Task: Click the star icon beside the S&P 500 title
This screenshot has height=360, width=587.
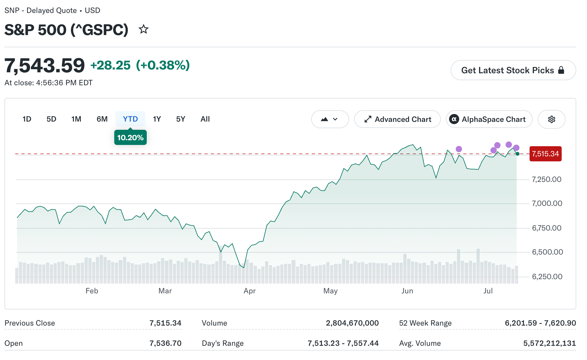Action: click(144, 29)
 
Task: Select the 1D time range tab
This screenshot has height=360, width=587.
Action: click(27, 119)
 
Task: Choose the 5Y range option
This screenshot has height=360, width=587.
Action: click(181, 119)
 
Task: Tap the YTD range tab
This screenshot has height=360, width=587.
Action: click(130, 119)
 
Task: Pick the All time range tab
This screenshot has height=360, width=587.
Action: click(205, 119)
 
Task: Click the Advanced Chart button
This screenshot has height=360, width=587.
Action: click(397, 119)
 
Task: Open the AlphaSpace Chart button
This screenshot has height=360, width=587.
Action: click(489, 119)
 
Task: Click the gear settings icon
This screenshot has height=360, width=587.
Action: click(552, 119)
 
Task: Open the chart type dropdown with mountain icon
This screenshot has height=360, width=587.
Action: click(330, 119)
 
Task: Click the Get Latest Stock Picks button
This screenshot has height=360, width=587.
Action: click(513, 70)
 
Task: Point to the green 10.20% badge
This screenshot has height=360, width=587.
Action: click(130, 137)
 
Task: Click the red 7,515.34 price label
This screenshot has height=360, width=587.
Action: click(545, 154)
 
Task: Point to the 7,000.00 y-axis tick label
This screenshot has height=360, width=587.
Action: click(547, 203)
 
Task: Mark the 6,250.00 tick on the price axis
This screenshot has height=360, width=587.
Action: click(547, 277)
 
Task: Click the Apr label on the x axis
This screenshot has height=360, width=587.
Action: click(249, 291)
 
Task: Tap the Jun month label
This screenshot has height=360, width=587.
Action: click(407, 291)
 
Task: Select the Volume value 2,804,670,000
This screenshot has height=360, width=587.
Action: click(352, 323)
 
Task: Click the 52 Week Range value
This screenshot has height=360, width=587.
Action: click(540, 323)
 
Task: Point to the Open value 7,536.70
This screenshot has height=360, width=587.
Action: click(165, 343)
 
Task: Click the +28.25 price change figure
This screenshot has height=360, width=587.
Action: click(110, 65)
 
